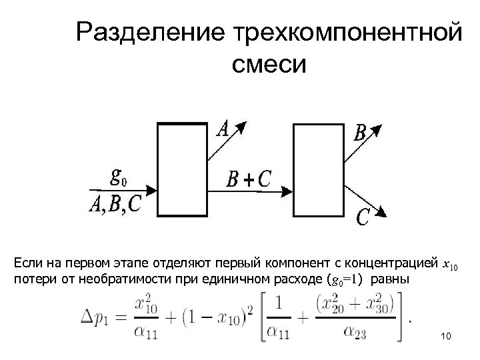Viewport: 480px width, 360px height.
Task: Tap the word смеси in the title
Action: tap(269, 67)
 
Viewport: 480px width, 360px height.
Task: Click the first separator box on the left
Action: tap(181, 169)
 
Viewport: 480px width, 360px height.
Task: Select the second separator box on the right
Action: tap(319, 169)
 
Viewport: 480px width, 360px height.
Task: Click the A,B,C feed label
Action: tap(115, 203)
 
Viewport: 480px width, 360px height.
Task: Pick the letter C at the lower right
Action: tap(364, 217)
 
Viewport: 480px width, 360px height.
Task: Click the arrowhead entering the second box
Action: tap(287, 193)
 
